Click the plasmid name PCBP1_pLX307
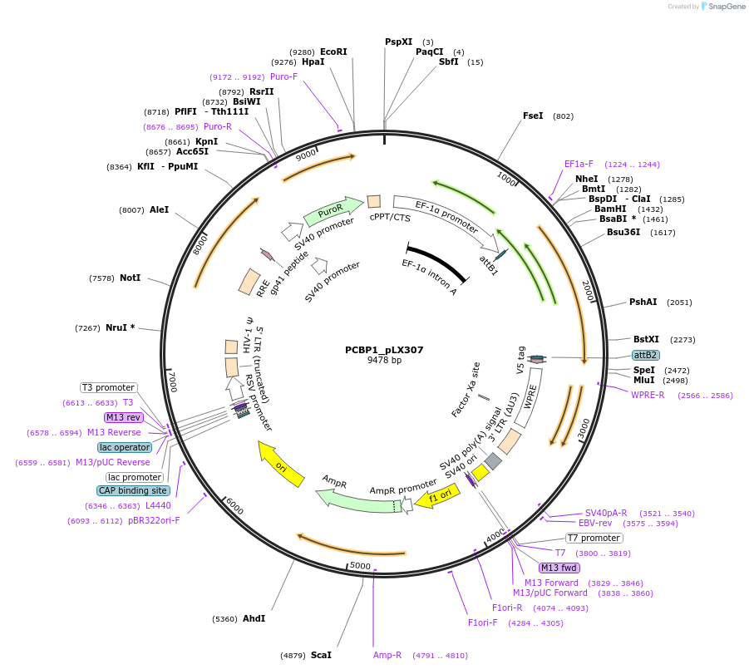384,350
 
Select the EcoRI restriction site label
333,52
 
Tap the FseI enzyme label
533,116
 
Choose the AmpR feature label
334,481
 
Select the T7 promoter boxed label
594,538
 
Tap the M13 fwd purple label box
559,568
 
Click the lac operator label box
125,447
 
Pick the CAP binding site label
134,490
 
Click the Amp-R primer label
387,655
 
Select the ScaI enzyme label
321,655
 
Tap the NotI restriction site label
130,278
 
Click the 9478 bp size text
384,361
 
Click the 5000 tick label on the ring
360,566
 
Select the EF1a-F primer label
579,164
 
